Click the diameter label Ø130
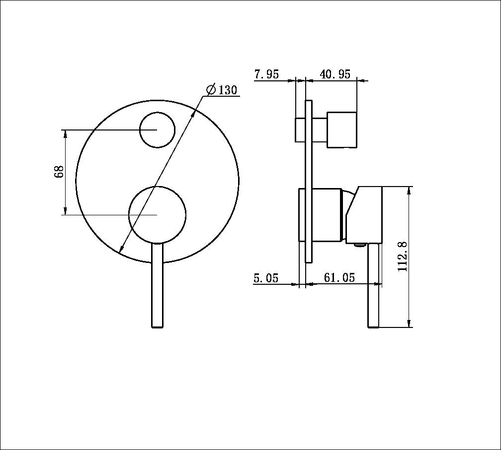[222, 90]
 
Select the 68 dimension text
[59, 172]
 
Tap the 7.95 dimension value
[266, 74]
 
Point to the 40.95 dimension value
[335, 74]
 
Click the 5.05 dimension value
[266, 278]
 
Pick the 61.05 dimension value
[339, 278]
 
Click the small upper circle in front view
[157, 129]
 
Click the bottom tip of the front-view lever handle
[157, 325]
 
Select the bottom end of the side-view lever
[373, 325]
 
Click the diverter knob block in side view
[342, 130]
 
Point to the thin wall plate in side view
[309, 181]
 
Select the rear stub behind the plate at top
[300, 130]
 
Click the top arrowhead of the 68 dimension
[65, 133]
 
